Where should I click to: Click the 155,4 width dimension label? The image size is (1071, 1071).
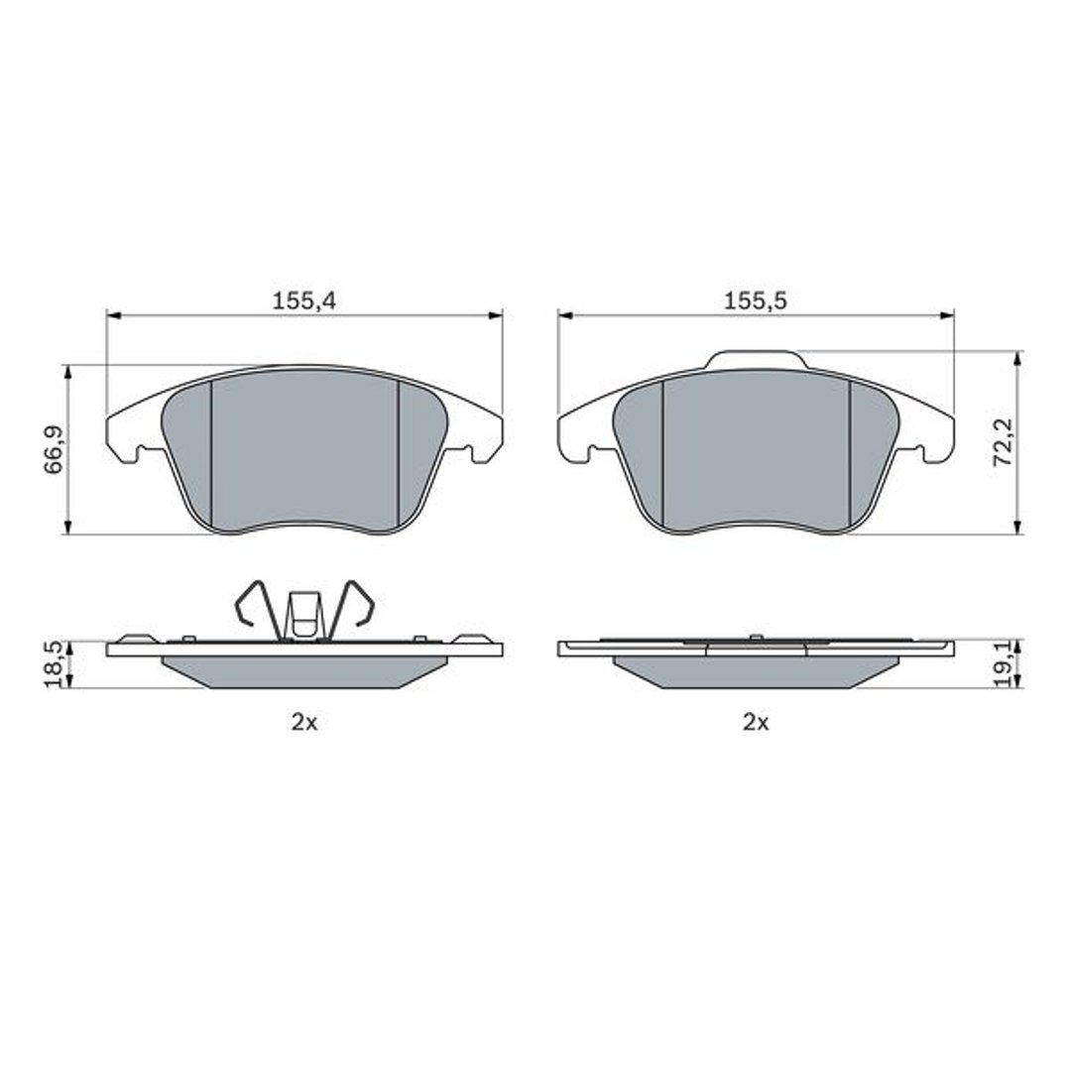tap(304, 301)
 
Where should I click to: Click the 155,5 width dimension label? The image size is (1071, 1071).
tap(756, 301)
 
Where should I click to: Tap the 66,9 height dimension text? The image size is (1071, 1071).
tap(54, 449)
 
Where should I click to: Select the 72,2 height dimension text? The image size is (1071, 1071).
tap(1004, 442)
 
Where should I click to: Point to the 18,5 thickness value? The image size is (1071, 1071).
tap(54, 663)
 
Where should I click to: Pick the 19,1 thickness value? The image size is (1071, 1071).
tap(1004, 663)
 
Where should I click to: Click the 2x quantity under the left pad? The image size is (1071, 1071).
tap(304, 722)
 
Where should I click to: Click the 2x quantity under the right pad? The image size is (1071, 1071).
tap(756, 722)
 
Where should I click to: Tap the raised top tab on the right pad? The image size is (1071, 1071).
tap(753, 359)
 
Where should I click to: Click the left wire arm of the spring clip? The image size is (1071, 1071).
tap(257, 608)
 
